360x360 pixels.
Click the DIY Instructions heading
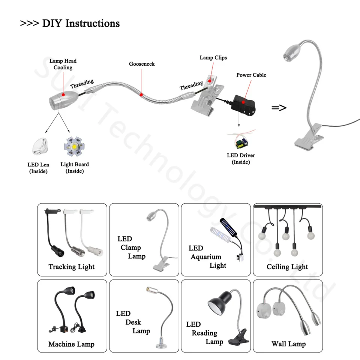(70, 23)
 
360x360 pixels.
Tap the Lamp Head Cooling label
(63, 64)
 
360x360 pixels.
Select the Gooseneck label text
(142, 64)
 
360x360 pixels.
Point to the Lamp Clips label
(213, 57)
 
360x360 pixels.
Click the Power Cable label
(251, 75)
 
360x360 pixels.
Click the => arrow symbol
(279, 108)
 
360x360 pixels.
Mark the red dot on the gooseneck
(141, 94)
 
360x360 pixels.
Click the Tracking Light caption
(71, 267)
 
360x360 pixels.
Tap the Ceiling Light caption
(287, 267)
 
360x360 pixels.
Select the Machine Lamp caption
(71, 344)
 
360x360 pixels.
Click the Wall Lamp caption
(288, 344)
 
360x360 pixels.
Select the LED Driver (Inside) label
(241, 159)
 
